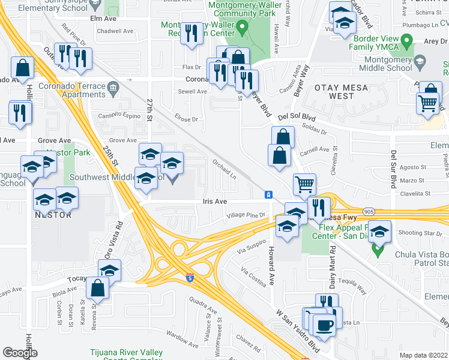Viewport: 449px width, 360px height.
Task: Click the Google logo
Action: pyautogui.click(x=20, y=353)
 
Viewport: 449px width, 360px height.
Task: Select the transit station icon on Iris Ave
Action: pyautogui.click(x=268, y=195)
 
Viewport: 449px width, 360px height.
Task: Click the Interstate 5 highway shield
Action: pyautogui.click(x=190, y=278)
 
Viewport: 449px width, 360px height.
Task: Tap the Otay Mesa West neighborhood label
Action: pyautogui.click(x=334, y=92)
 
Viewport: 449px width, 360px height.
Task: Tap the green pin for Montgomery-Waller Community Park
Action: pyautogui.click(x=242, y=26)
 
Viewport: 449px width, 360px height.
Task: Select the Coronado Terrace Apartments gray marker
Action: pyautogui.click(x=113, y=90)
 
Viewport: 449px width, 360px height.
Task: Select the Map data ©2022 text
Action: pyautogui.click(x=423, y=355)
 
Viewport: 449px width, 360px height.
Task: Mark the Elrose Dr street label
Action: pyautogui.click(x=185, y=119)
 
